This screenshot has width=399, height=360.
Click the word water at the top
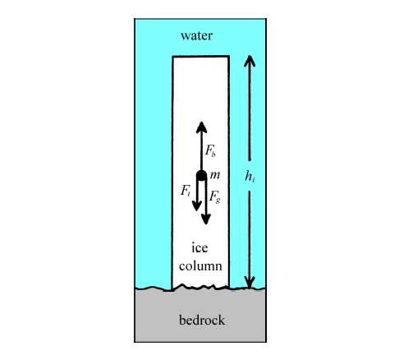196,35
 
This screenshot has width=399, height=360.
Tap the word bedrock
202,320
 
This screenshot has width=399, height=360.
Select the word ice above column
199,247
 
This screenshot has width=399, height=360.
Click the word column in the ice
200,266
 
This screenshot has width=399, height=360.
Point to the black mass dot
201,176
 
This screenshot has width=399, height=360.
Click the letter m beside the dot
215,175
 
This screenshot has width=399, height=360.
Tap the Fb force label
210,150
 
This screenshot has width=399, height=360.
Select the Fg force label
215,196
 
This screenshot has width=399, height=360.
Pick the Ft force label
186,191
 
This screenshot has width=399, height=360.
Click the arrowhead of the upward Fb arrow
201,127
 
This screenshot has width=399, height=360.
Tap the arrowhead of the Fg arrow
206,219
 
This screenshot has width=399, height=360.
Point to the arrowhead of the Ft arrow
197,205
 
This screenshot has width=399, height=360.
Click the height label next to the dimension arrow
250,176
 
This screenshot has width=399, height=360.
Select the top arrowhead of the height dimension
250,61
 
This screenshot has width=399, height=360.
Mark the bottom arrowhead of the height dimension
250,283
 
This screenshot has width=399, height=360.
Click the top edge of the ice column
201,57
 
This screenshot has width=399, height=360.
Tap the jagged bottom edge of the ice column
200,287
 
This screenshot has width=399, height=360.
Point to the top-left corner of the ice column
172,57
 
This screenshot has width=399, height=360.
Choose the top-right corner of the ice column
229,57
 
